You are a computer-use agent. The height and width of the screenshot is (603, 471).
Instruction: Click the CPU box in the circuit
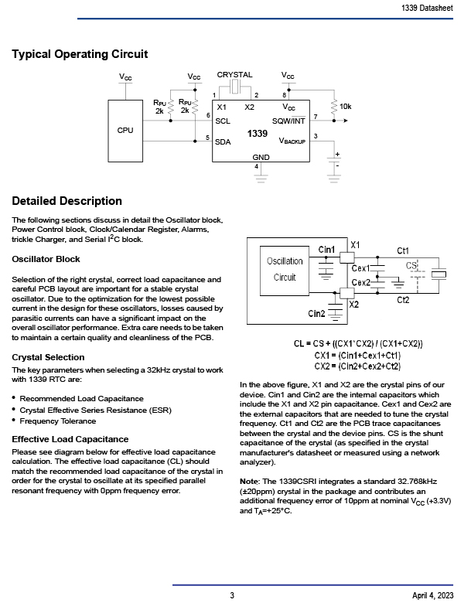pos(125,130)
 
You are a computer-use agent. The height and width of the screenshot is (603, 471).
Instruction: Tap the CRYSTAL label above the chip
pos(235,75)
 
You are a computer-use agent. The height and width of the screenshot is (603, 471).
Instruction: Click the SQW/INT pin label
pos(288,121)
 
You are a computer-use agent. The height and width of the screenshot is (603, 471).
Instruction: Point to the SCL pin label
pos(223,121)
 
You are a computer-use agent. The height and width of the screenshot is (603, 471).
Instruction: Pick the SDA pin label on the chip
pos(223,142)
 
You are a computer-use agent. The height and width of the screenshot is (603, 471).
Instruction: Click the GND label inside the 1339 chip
pos(261,157)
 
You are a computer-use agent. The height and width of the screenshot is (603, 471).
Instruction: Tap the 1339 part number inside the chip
pos(258,134)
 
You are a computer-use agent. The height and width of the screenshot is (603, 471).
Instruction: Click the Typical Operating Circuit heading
pos(80,54)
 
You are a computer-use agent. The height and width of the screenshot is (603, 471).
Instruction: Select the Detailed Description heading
pos(67,202)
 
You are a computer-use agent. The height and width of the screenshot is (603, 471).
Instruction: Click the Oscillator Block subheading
pos(46,259)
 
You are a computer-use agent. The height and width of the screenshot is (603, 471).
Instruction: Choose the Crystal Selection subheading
pos(48,357)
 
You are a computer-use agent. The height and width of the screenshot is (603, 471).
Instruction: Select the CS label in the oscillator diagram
pos(411,266)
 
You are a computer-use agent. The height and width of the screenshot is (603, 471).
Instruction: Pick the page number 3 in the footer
pos(232,595)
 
